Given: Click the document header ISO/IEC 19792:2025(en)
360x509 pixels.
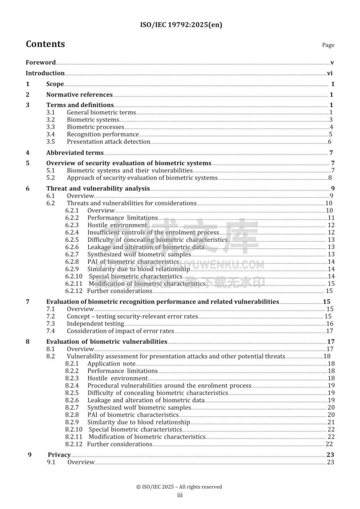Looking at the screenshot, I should [180, 25].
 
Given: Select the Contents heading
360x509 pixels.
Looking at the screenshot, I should [45, 44].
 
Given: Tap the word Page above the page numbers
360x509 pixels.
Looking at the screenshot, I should [328, 45].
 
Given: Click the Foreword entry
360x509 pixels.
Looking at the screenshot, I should [40, 63].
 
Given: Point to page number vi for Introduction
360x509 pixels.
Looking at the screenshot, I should [330, 73].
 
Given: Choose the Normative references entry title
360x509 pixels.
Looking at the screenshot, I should [79, 95].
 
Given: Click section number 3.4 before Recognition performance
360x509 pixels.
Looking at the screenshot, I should [51, 134].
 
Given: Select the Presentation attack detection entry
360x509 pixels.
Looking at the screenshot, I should [108, 142].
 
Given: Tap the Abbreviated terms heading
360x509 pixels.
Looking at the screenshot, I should [74, 153].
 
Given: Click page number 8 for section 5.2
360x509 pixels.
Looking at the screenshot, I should [330, 178].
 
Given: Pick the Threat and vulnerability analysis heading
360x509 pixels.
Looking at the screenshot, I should [98, 189].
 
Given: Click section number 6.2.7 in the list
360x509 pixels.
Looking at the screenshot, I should [72, 254].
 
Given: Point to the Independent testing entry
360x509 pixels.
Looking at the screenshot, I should [95, 323].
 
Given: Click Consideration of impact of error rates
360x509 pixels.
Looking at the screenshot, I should [120, 331].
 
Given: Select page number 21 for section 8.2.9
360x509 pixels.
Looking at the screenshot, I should [331, 422].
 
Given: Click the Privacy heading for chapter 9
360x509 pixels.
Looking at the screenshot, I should [59, 455].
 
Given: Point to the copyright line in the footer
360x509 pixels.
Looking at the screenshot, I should [179, 487].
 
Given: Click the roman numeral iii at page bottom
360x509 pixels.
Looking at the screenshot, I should [180, 495].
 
